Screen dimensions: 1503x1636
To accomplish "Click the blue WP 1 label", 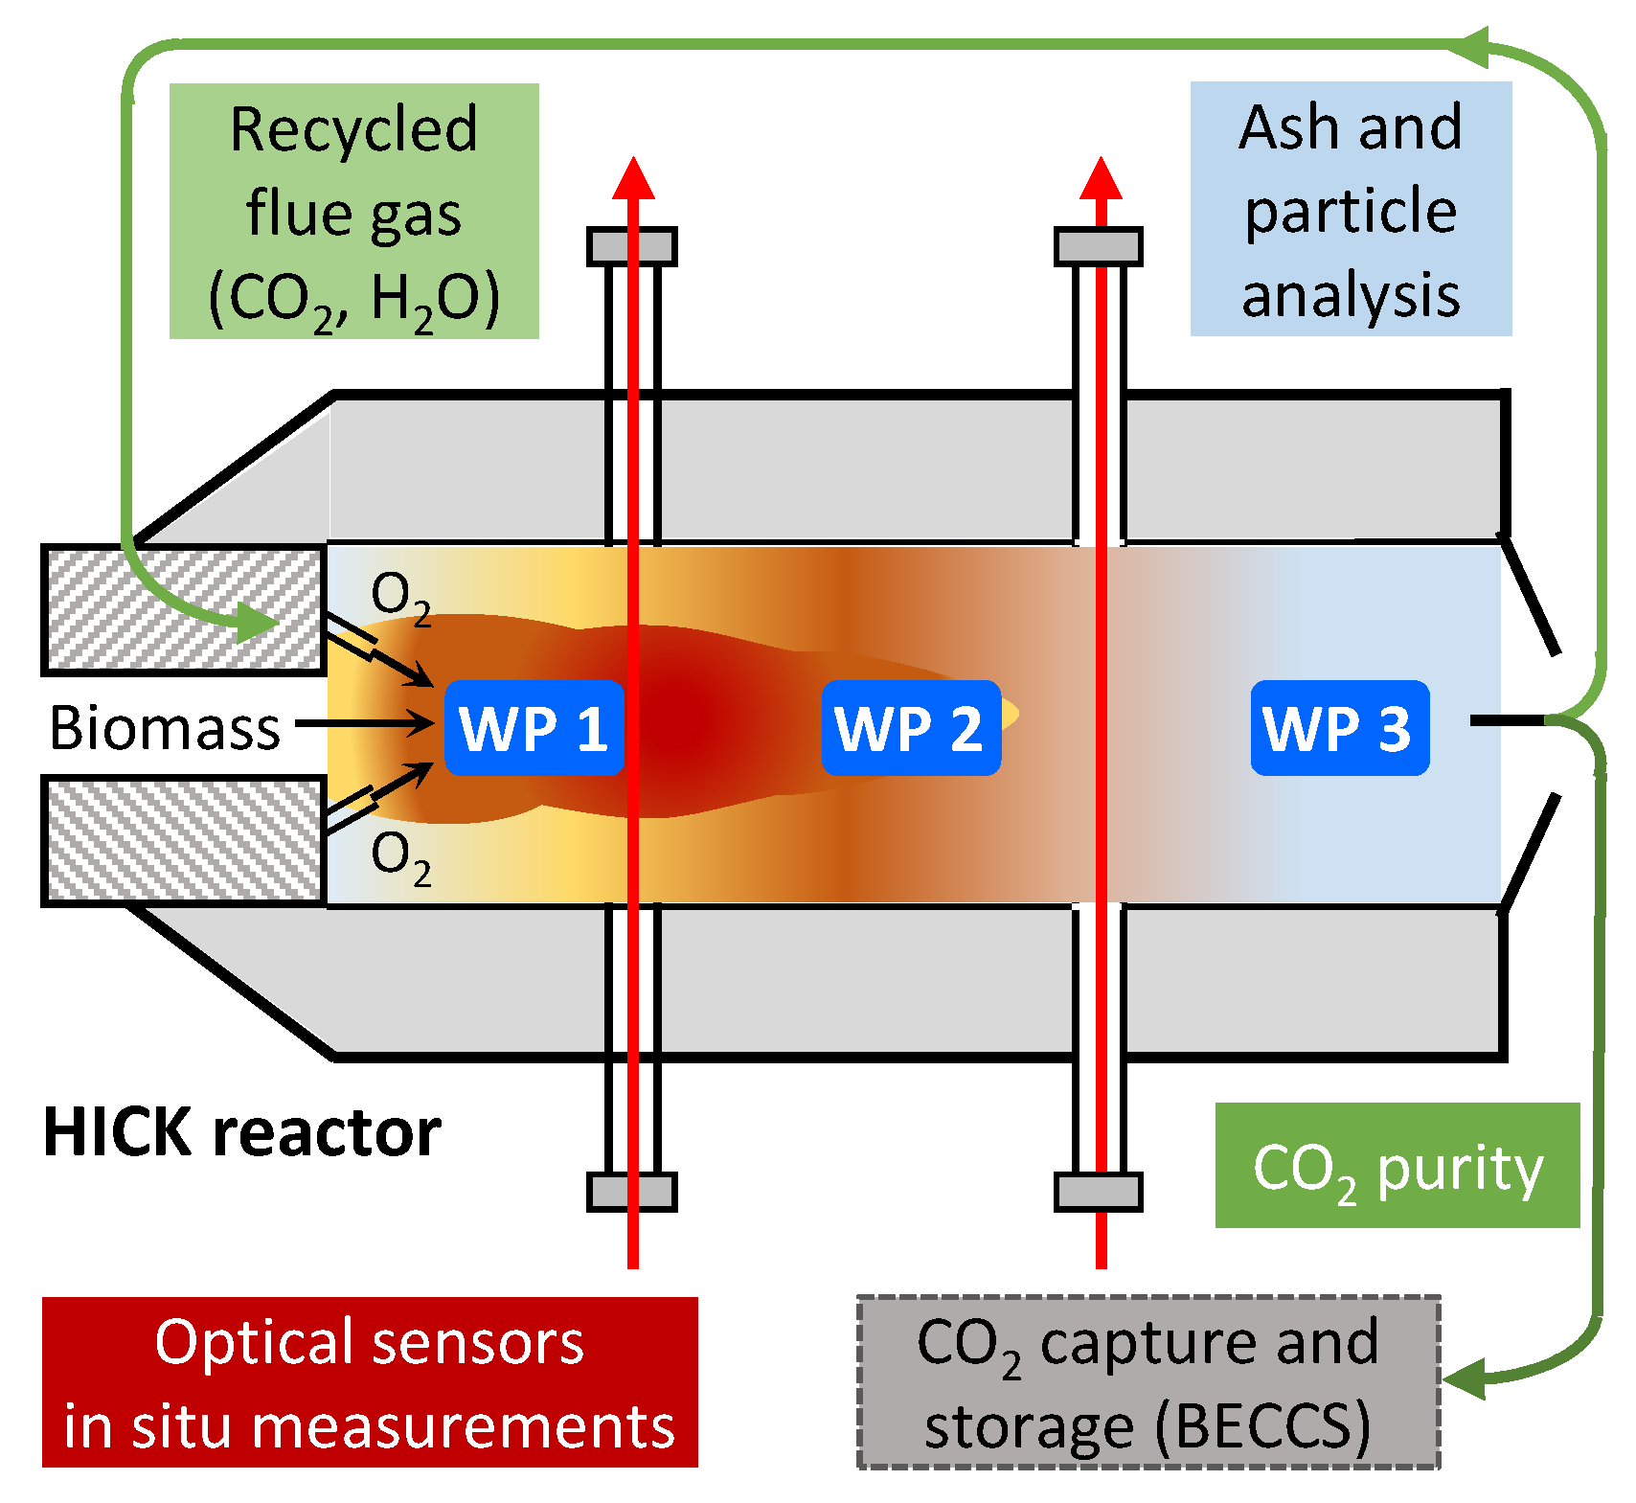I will tap(534, 728).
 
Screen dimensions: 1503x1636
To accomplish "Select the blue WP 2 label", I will tap(910, 728).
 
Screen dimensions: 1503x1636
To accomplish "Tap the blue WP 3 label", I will tap(1339, 728).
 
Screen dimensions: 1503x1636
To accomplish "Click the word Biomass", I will tap(165, 728).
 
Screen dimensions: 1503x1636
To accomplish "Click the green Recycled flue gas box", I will tap(353, 211).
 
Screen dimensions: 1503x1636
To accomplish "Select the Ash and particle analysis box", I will tap(1350, 209).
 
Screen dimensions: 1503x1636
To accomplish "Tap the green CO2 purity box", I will tap(1396, 1166).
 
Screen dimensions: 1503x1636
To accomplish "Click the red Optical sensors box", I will tap(370, 1381).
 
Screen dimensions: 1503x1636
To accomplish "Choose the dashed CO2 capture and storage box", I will tap(1147, 1381).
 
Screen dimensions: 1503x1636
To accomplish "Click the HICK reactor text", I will tap(241, 1132).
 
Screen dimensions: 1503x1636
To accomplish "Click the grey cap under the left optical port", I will tap(632, 1192).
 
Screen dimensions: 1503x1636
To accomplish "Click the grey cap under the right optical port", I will tap(1099, 1192).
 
